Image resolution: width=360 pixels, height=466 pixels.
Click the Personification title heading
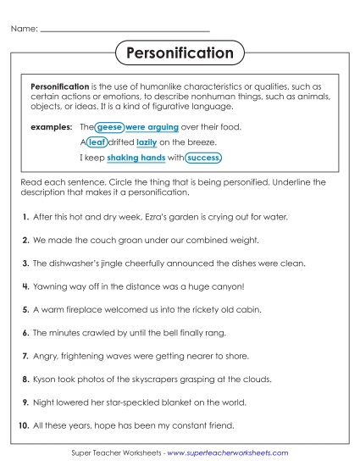coord(180,53)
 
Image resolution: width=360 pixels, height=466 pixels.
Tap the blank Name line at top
coord(125,30)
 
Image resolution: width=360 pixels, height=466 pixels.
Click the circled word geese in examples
coord(108,127)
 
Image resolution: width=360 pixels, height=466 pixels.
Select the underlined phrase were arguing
coord(152,127)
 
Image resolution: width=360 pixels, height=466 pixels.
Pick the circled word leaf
coord(97,142)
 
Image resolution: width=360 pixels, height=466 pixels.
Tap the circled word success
coord(203,158)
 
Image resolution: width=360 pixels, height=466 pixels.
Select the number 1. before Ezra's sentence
coord(26,218)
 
